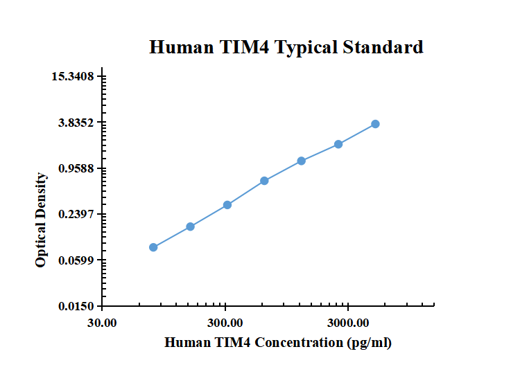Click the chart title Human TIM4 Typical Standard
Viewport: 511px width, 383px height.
click(x=286, y=47)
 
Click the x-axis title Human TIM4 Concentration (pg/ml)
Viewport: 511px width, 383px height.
click(x=278, y=343)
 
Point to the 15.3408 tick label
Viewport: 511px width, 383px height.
click(x=73, y=76)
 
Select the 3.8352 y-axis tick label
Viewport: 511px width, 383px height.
click(x=76, y=123)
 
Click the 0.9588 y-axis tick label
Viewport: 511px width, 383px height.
click(x=76, y=168)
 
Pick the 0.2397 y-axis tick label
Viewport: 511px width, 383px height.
click(x=76, y=214)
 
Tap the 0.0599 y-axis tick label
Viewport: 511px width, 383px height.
click(x=76, y=260)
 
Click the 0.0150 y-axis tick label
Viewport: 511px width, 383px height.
click(x=76, y=306)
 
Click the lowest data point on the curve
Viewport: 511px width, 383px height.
click(x=153, y=247)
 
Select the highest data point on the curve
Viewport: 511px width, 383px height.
click(x=375, y=124)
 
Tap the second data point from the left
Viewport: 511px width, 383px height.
click(x=191, y=226)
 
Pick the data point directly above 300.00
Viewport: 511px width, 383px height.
click(x=227, y=205)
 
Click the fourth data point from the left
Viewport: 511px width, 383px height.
click(x=265, y=181)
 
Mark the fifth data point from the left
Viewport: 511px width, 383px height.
click(x=302, y=161)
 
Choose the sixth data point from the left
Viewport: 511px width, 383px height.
click(x=338, y=144)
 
